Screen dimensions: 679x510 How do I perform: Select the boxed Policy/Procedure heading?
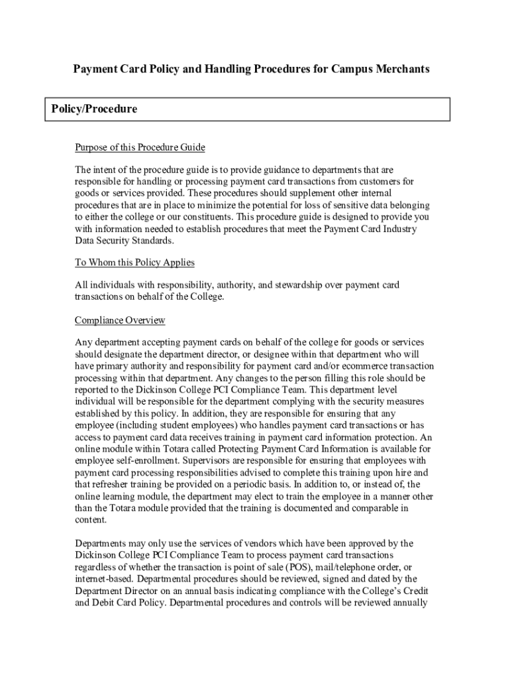coord(95,109)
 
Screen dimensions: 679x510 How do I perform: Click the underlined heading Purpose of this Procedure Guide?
coord(140,147)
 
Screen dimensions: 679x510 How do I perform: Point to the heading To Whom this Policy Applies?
coord(134,263)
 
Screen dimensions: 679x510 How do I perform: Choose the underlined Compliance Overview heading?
coord(120,320)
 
